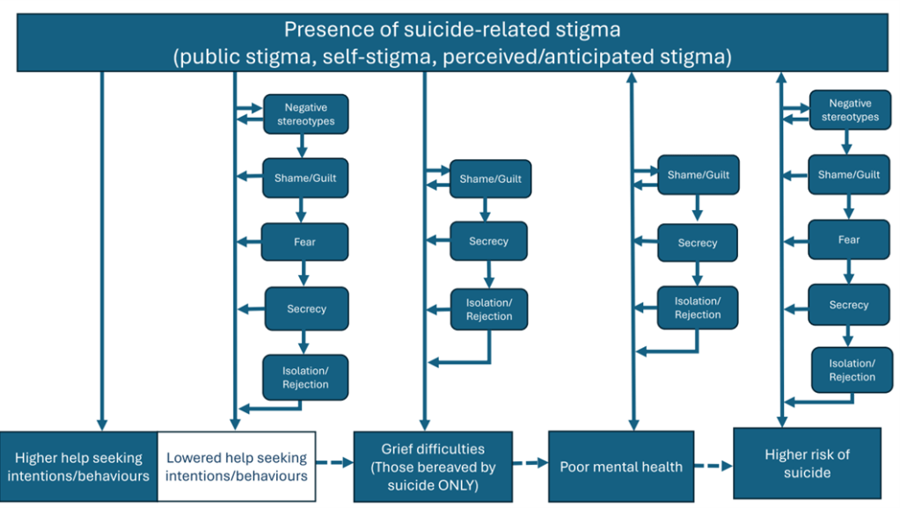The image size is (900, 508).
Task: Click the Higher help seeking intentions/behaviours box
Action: click(x=78, y=467)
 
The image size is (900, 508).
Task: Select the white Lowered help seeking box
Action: click(x=237, y=467)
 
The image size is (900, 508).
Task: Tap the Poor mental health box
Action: click(x=621, y=466)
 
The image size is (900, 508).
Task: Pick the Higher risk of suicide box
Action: click(x=807, y=463)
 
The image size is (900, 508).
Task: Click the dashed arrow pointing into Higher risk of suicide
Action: click(x=713, y=466)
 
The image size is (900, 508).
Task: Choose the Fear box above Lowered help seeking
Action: click(x=305, y=242)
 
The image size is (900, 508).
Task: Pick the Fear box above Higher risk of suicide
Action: click(x=848, y=239)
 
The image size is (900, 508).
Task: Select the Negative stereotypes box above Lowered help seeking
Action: click(x=305, y=114)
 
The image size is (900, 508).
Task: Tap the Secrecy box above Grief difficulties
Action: click(x=488, y=241)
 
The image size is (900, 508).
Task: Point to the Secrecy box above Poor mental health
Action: click(x=697, y=243)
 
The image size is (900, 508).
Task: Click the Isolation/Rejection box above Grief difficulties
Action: click(x=488, y=309)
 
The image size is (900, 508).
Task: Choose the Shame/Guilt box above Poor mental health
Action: click(x=698, y=175)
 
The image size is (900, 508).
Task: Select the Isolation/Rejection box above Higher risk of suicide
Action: click(x=852, y=370)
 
